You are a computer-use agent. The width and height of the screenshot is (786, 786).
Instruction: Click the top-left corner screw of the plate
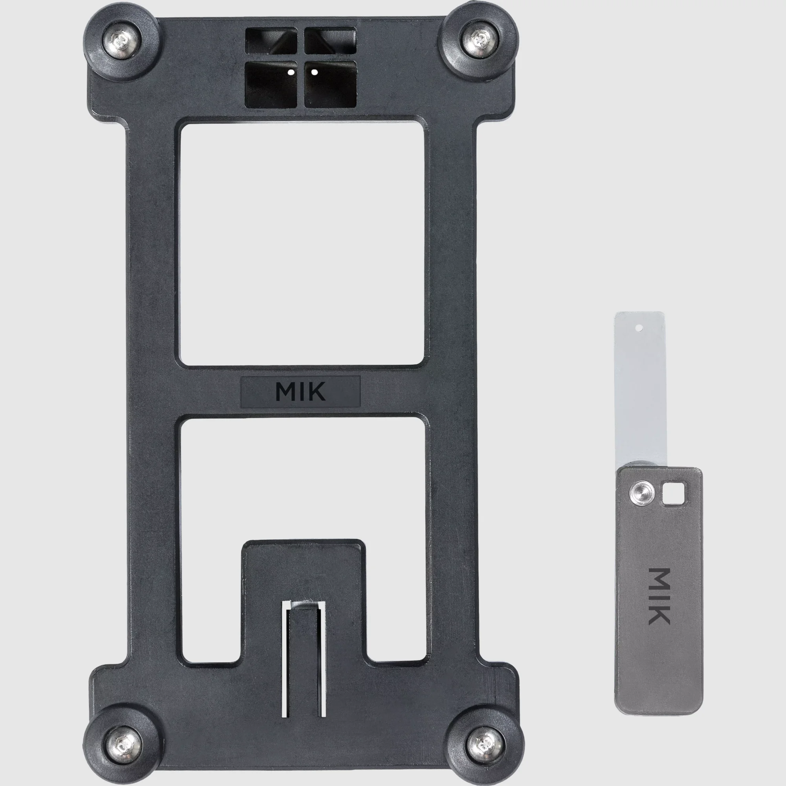pyautogui.click(x=122, y=41)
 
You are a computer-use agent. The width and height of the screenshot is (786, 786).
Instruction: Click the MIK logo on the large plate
pyautogui.click(x=300, y=391)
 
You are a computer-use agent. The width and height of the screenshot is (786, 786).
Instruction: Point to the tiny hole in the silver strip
pyautogui.click(x=638, y=327)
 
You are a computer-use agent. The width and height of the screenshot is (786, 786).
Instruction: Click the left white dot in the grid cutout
pyautogui.click(x=291, y=73)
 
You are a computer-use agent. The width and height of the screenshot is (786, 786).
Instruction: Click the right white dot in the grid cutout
pyautogui.click(x=314, y=73)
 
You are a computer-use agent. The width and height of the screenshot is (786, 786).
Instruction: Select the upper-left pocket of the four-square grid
pyautogui.click(x=270, y=41)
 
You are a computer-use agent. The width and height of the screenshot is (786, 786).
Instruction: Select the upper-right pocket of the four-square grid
pyautogui.click(x=331, y=41)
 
